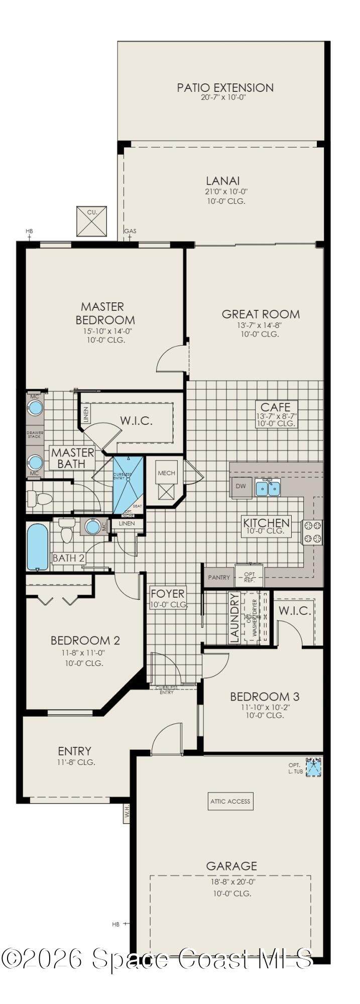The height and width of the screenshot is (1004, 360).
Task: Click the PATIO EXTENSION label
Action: coord(225,88)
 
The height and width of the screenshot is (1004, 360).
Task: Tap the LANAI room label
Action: coord(222,181)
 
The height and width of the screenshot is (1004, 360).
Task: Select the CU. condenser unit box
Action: coord(92,220)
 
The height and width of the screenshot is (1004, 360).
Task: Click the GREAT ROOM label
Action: coord(261,314)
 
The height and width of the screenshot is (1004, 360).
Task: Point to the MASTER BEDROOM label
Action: coord(105,313)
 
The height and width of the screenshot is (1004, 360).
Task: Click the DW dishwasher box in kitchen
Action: coord(241,487)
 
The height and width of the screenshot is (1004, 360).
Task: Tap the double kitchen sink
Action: coord(268,487)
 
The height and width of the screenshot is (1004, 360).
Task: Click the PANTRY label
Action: coord(219,578)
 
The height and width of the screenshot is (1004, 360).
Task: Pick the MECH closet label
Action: coord(166,473)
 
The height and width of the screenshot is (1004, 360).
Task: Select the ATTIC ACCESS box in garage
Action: coord(230,801)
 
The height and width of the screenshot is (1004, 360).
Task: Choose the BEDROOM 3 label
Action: coord(265,697)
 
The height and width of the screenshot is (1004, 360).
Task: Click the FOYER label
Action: coord(168,594)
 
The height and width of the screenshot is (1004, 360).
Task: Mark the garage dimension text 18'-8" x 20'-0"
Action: coord(231,881)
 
